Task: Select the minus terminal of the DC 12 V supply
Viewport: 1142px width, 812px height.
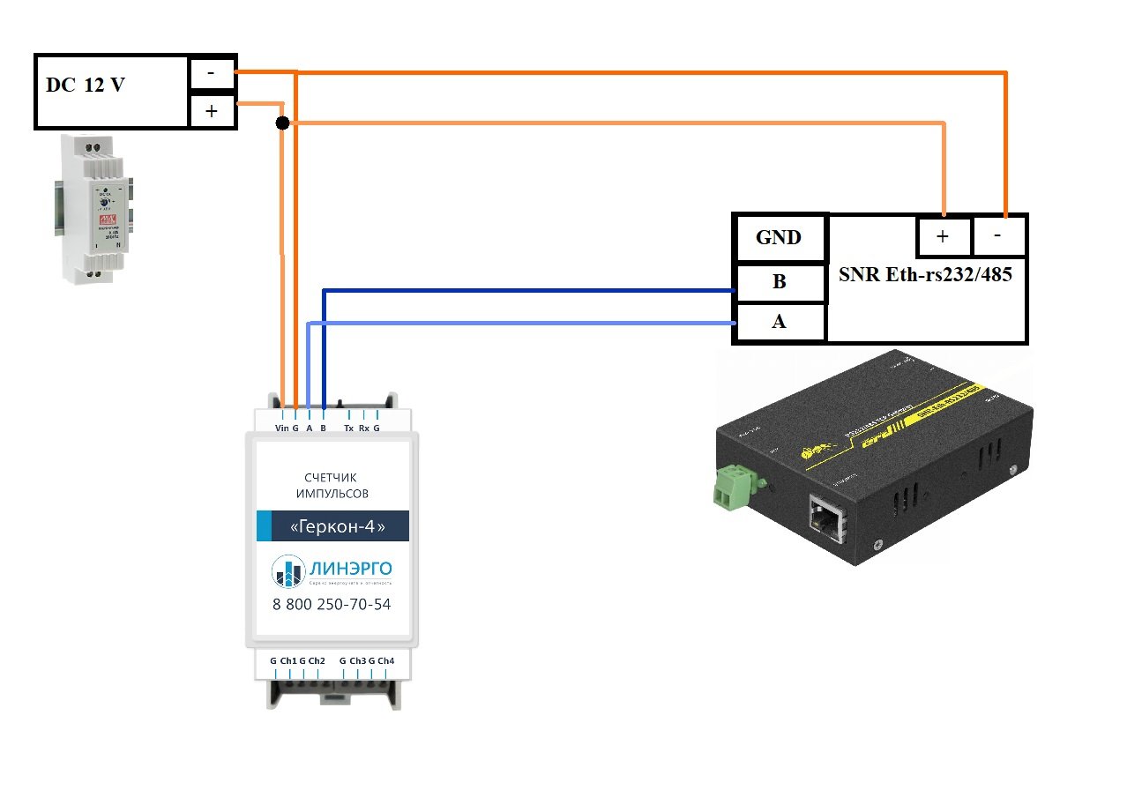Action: click(213, 74)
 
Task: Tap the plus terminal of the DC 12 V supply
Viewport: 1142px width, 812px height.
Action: click(213, 112)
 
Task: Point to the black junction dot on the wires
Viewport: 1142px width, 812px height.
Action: click(282, 123)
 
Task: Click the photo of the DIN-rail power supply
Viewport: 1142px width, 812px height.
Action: click(96, 209)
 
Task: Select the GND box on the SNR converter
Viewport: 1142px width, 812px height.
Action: click(779, 237)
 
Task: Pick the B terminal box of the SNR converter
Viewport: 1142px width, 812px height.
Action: click(779, 282)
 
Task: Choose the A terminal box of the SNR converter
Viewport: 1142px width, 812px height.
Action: click(779, 322)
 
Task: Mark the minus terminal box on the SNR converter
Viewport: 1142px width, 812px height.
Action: click(999, 236)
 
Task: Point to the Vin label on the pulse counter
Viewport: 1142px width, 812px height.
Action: click(282, 428)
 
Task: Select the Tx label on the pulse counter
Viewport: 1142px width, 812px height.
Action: click(349, 428)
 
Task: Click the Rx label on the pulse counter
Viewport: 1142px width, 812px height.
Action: click(363, 428)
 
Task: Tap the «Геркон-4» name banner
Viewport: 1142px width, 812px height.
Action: click(332, 525)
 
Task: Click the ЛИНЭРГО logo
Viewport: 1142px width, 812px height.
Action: click(332, 571)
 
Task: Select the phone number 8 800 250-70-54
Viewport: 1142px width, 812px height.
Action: click(332, 606)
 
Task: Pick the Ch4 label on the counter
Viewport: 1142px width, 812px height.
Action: click(386, 660)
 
